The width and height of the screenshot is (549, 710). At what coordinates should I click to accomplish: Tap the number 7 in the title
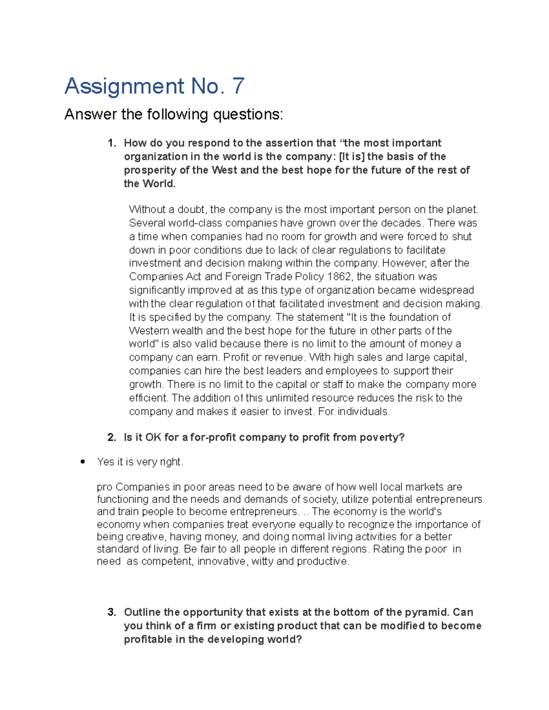[x=238, y=86]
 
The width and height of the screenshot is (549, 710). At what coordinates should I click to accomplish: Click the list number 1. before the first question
[x=112, y=143]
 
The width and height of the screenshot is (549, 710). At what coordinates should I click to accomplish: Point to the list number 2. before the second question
[x=112, y=438]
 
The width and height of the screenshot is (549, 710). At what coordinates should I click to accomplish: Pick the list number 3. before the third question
[x=112, y=612]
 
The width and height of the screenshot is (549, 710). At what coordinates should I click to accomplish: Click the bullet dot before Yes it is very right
[x=83, y=462]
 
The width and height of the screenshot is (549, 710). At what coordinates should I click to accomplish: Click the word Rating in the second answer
[x=388, y=549]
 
